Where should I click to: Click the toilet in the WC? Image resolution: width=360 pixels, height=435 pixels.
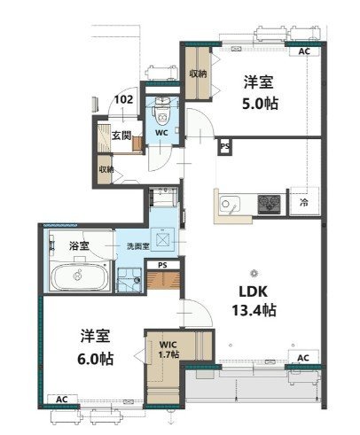tap(161, 113)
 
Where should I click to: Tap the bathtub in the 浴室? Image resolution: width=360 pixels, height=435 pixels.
tap(79, 276)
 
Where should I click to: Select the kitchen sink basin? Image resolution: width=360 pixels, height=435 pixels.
tap(230, 204)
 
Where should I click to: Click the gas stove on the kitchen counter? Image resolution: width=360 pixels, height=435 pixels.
tap(269, 204)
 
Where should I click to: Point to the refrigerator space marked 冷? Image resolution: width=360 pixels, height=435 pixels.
tap(304, 202)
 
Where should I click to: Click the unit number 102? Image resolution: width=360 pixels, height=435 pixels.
tap(123, 99)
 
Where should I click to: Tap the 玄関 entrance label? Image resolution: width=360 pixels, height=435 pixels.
tap(121, 136)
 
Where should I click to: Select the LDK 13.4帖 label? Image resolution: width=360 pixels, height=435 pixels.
tap(254, 301)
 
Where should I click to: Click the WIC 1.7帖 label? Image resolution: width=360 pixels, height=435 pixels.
tap(168, 349)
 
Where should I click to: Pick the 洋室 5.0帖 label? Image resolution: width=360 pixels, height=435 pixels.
tap(260, 92)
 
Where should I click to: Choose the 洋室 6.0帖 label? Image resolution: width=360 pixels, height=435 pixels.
tap(95, 347)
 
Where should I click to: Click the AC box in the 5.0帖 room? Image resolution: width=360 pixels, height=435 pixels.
tap(304, 51)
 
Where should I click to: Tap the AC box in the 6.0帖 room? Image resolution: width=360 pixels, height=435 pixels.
tap(62, 400)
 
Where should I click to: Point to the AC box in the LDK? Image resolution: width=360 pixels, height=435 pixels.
tap(303, 358)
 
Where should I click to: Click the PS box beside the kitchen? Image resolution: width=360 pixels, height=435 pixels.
tap(225, 146)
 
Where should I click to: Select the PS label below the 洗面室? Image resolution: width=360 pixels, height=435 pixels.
tap(162, 265)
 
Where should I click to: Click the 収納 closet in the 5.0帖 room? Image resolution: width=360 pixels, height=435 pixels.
tap(198, 74)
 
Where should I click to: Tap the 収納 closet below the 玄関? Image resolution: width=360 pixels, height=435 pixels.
tap(106, 169)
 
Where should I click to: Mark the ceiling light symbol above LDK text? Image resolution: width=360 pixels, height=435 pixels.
tap(254, 273)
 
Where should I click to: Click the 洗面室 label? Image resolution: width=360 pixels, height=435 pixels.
tap(137, 246)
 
